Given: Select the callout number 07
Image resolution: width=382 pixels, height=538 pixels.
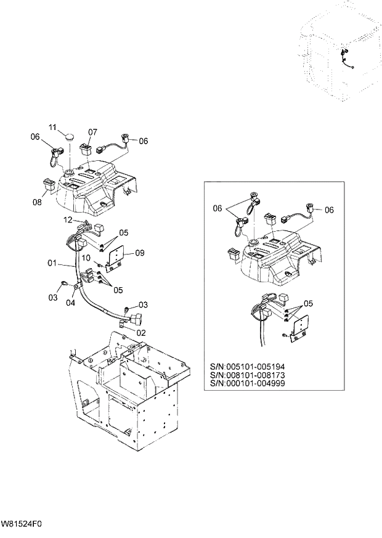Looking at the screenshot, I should [92, 132].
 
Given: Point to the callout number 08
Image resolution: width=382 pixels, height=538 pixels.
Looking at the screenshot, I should [36, 202].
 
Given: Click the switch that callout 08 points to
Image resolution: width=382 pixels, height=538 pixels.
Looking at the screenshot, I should [49, 183].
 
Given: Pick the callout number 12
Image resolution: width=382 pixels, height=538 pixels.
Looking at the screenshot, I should [68, 220].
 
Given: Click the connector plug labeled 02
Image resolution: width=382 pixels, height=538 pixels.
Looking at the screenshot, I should [135, 321].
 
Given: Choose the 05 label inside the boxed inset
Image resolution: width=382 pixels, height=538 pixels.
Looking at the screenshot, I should [307, 303].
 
